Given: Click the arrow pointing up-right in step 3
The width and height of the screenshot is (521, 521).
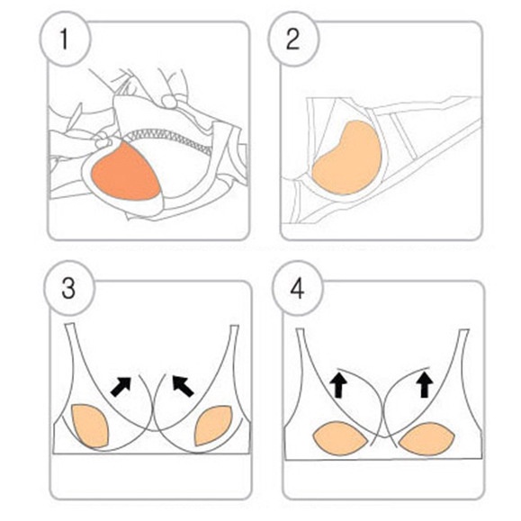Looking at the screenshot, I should tap(121, 385).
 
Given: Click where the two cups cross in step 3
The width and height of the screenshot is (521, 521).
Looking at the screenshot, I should tap(154, 395).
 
